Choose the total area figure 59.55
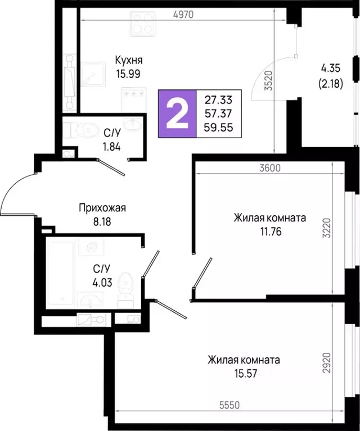tap(218, 127)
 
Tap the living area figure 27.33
tap(218, 101)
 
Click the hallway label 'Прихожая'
tap(102, 208)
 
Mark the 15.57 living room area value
tap(243, 373)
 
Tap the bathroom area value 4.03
tap(101, 282)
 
